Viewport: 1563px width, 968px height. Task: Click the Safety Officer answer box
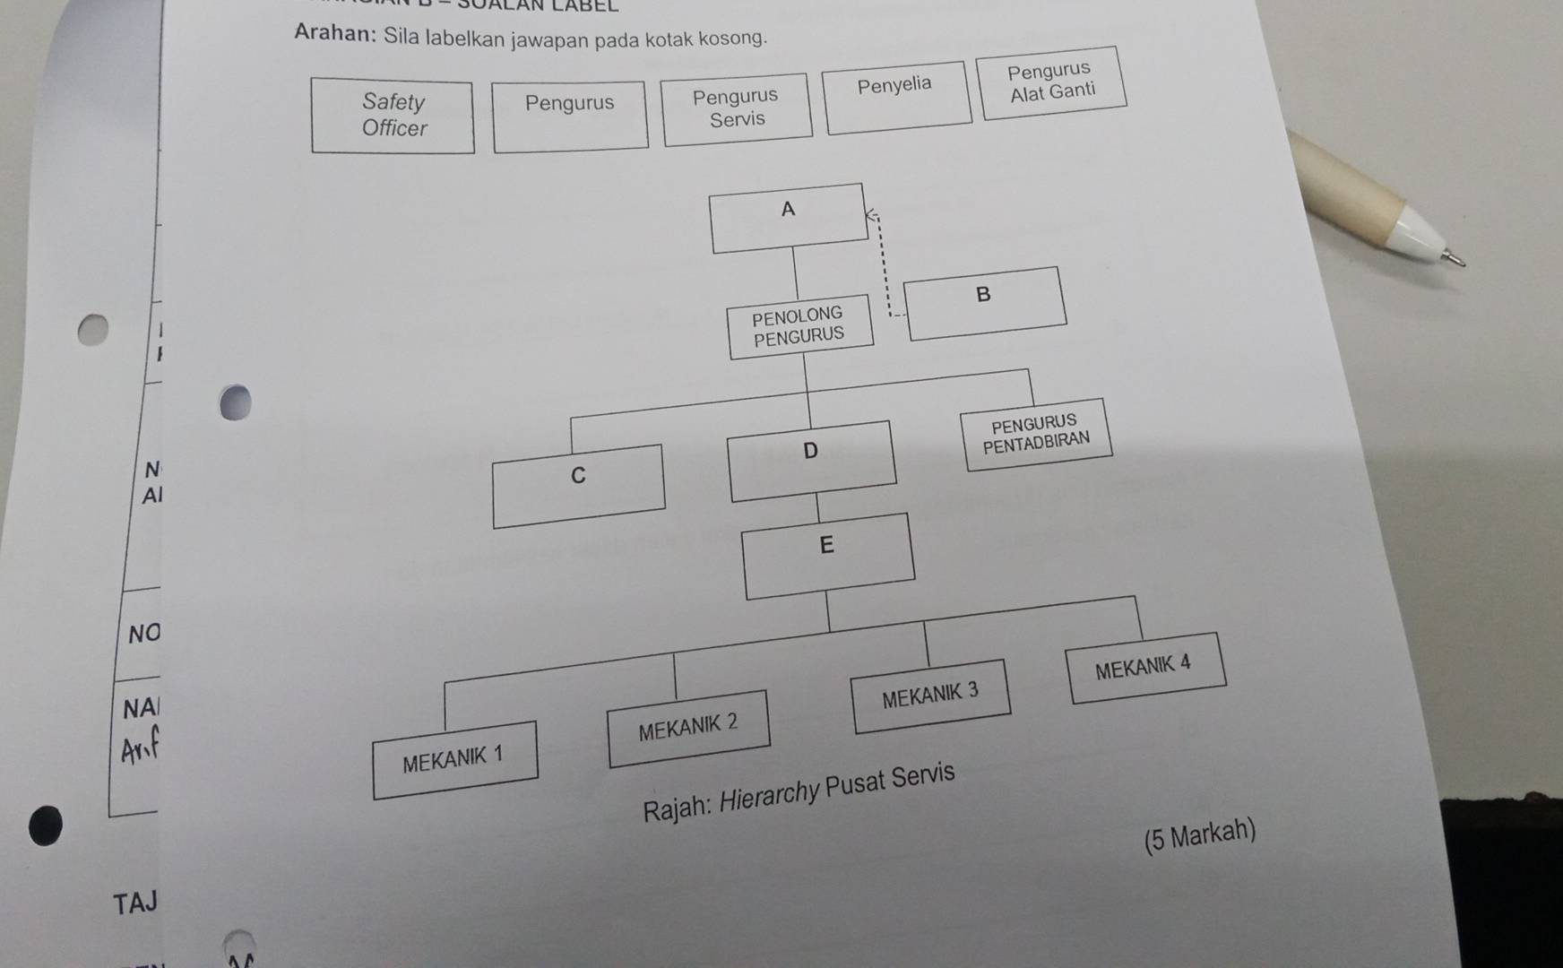[x=393, y=116]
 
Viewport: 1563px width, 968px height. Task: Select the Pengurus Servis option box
[x=737, y=108]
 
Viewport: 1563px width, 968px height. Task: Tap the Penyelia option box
[x=897, y=97]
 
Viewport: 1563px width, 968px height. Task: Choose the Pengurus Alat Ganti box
[x=1052, y=82]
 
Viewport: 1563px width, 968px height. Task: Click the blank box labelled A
[x=789, y=218]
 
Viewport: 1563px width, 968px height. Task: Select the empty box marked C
[x=579, y=485]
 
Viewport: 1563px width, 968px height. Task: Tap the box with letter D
[x=812, y=461]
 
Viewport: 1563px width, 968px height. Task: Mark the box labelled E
[x=829, y=555]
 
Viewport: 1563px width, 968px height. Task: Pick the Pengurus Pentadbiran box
[x=1036, y=434]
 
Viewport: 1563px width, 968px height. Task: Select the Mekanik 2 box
[x=688, y=728]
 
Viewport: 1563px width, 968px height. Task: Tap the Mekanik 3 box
[x=931, y=696]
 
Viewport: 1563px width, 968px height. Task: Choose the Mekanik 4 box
[x=1145, y=668]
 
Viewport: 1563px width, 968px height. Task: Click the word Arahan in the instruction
[x=333, y=33]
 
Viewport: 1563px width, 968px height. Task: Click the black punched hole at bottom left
[x=46, y=825]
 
